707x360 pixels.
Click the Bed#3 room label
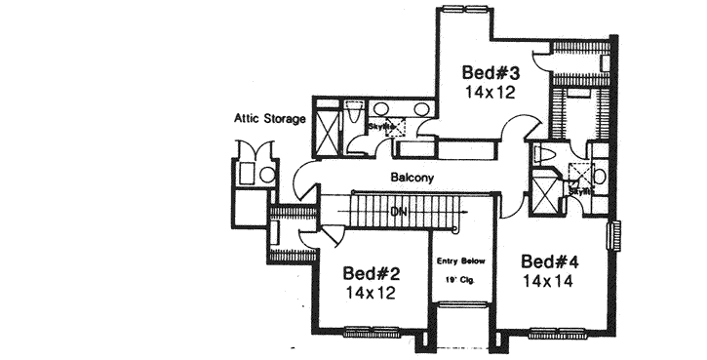489,73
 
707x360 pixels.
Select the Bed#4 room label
551,261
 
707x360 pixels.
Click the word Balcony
412,179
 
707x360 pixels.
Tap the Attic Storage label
269,119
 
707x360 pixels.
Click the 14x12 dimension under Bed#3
489,93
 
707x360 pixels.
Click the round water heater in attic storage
267,176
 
